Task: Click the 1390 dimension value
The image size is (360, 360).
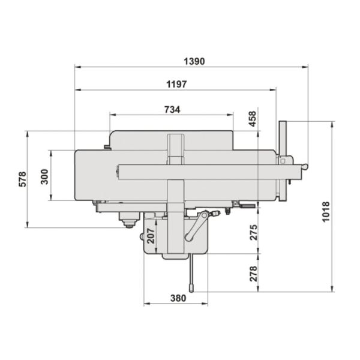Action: coord(194,62)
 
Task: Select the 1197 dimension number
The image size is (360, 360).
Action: coord(176,84)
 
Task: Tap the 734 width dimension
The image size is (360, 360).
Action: coord(172,110)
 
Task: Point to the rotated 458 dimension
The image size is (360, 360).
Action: coord(253,119)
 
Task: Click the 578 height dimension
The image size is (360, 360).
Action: coord(23,179)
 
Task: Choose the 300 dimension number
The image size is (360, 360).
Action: coord(44,177)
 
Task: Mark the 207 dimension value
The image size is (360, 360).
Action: coord(151,236)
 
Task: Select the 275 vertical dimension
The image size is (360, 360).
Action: coord(253,233)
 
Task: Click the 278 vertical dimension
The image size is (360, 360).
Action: coord(253,274)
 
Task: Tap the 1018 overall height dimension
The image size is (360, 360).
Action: coord(326,212)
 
